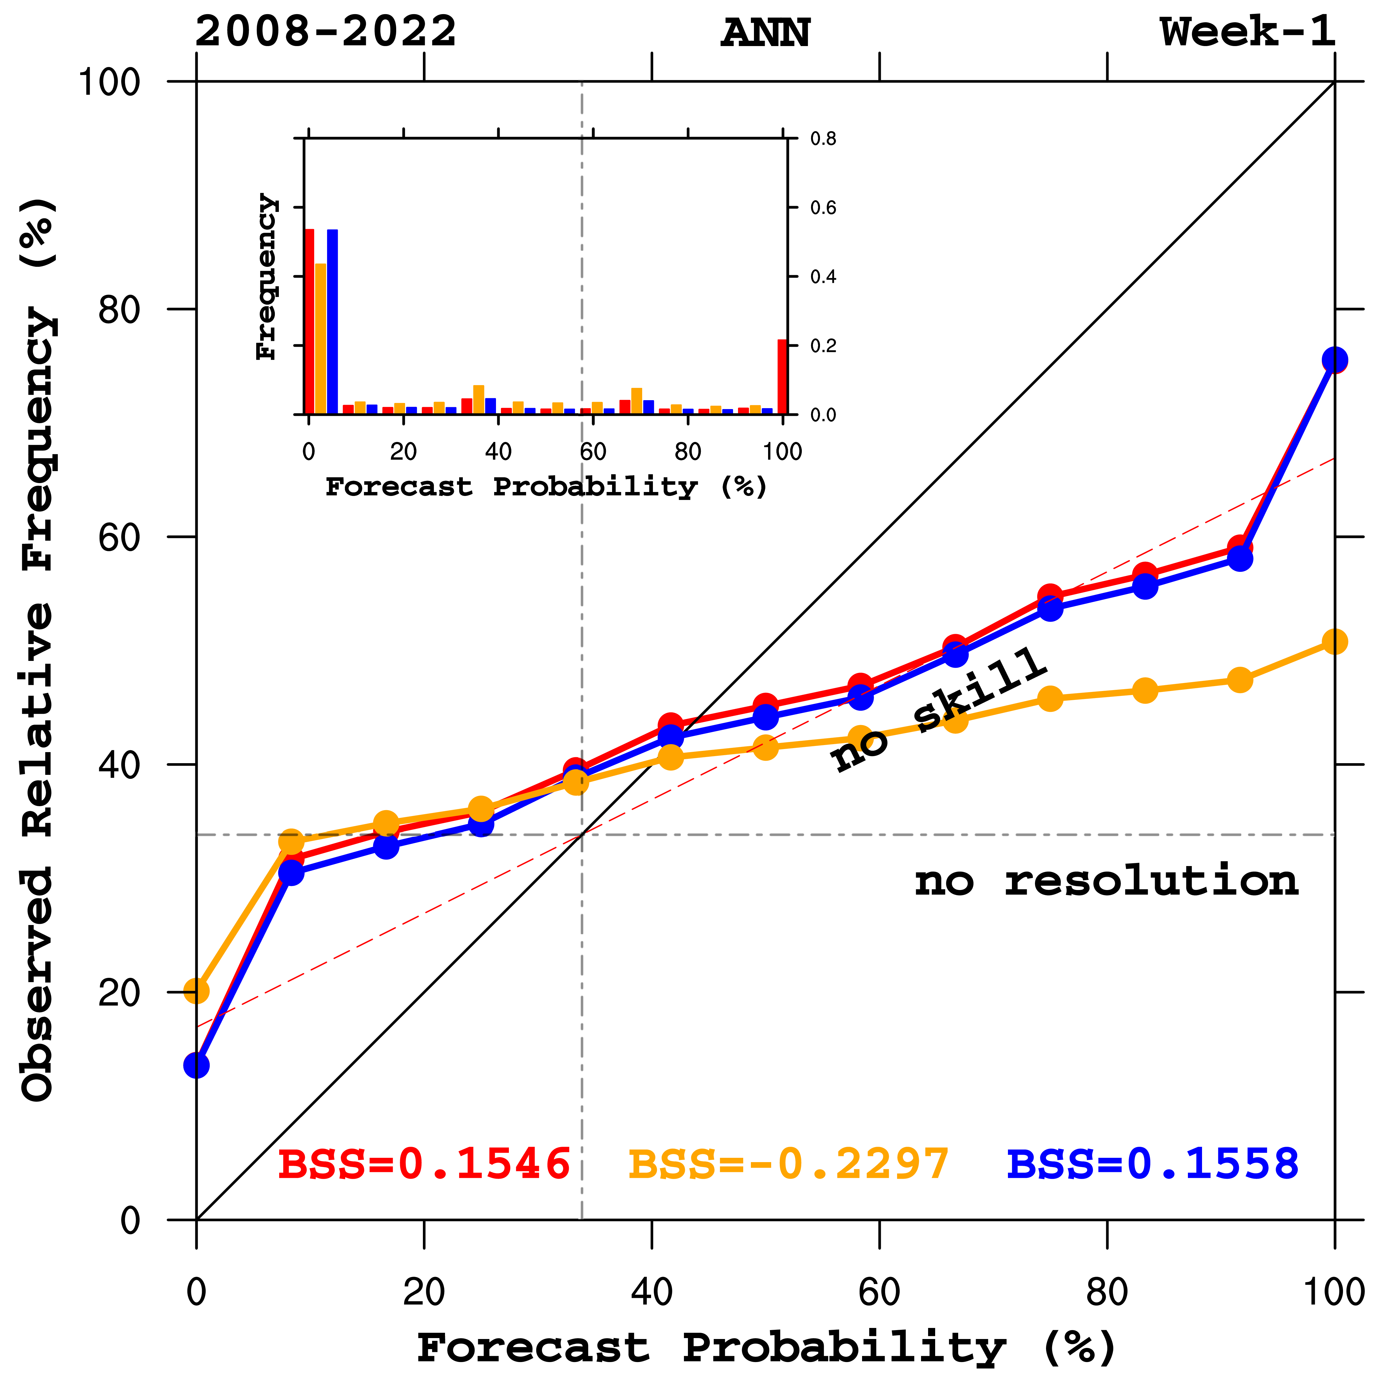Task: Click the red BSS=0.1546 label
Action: point(424,1164)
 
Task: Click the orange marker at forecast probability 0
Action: point(197,991)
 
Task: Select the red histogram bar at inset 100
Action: point(783,377)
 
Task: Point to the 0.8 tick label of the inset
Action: point(823,139)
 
